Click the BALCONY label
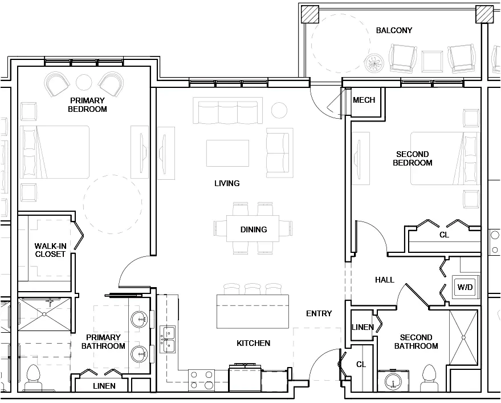(394, 30)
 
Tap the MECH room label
(364, 100)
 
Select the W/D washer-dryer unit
(465, 287)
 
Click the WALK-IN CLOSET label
(50, 250)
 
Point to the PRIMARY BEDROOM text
(87, 104)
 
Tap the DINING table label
(253, 229)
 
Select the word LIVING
(226, 183)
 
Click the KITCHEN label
(253, 343)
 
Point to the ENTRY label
(319, 313)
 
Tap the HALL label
(384, 280)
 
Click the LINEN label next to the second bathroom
(362, 327)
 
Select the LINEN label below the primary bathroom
(104, 386)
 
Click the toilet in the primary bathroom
(33, 374)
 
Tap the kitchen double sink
(168, 339)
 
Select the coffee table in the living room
(227, 153)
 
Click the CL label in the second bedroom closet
(443, 235)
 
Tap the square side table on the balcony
(433, 60)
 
